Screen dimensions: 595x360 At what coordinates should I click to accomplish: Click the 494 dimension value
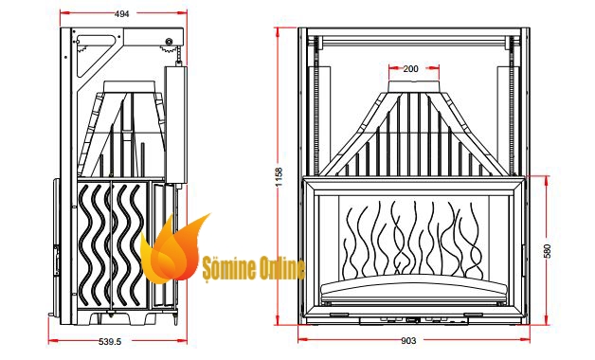(121, 13)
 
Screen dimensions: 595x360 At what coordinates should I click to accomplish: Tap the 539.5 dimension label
(110, 341)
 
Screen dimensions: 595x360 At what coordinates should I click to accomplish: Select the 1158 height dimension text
(279, 177)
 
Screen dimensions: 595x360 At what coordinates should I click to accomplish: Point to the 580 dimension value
(547, 251)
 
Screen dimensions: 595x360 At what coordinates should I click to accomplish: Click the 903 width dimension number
(408, 341)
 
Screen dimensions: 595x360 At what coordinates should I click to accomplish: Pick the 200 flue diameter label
(410, 68)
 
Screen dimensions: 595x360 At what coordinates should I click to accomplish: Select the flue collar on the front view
(414, 85)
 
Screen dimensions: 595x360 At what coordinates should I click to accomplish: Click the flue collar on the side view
(129, 85)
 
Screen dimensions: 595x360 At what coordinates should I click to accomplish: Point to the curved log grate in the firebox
(414, 289)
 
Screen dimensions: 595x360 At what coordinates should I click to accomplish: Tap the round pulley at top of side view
(170, 42)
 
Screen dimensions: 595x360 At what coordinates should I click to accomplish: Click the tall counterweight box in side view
(175, 124)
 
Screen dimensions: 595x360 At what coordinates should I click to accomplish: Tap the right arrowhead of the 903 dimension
(525, 340)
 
